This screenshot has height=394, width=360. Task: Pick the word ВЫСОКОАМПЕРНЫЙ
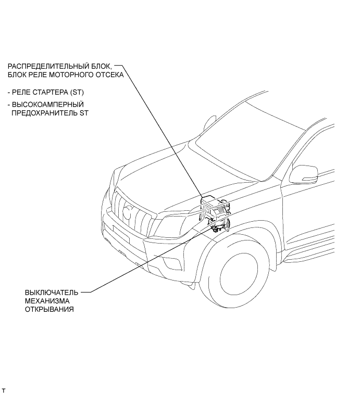pos(44,104)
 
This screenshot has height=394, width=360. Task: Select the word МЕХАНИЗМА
pos(46,301)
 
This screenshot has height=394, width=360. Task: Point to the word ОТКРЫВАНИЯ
pos(49,309)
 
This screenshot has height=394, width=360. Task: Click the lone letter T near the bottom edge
pos(4,390)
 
